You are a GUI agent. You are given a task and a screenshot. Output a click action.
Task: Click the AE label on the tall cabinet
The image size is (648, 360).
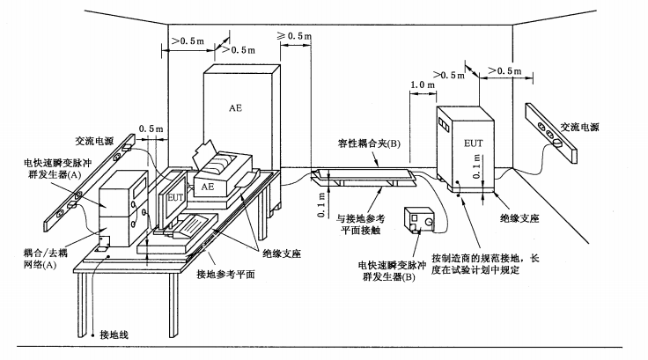coord(235,108)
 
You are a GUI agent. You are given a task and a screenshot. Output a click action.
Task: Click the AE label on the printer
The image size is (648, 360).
coord(208,187)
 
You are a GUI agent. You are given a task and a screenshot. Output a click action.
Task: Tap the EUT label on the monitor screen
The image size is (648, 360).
coord(175,197)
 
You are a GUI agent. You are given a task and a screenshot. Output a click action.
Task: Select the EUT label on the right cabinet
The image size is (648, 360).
coord(473,143)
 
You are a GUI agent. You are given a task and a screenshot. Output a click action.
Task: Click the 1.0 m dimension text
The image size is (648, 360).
coord(423,85)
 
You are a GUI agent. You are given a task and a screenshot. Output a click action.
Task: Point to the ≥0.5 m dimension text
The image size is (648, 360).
coord(294,36)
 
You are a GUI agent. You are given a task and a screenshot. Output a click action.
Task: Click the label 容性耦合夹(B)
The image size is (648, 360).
coord(369,143)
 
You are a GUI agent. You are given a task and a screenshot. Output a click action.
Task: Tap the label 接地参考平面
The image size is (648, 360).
coord(225,274)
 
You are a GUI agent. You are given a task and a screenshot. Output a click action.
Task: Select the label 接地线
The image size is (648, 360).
coord(114,334)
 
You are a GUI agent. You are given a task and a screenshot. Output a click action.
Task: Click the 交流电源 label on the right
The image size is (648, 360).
coord(579,127)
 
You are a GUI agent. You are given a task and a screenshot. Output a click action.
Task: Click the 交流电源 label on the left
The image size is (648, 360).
coord(94,141)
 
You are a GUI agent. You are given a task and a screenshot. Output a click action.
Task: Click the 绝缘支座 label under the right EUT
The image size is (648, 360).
coord(519,217)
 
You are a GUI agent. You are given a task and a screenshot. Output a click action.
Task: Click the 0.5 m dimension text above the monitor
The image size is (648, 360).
coord(151,129)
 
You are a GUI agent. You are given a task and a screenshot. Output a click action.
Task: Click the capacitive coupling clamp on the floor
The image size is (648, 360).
coord(364,178)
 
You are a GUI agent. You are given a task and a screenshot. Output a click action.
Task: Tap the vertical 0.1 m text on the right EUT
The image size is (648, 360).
coord(477,165)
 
